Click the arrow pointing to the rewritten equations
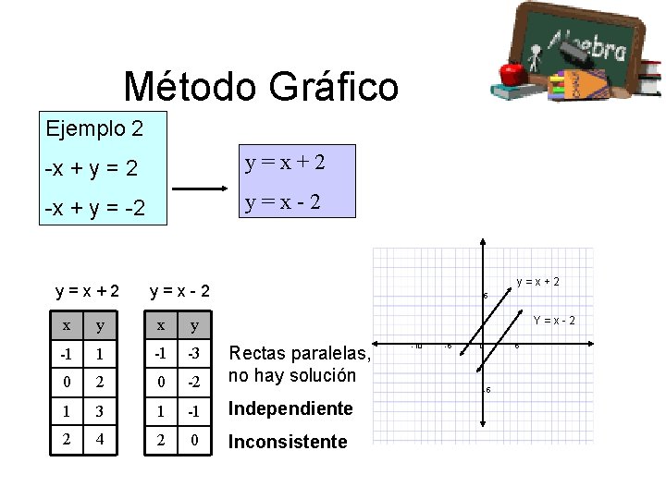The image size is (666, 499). tap(201, 189)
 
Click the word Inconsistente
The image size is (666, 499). tap(288, 443)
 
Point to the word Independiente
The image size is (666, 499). tap(290, 408)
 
